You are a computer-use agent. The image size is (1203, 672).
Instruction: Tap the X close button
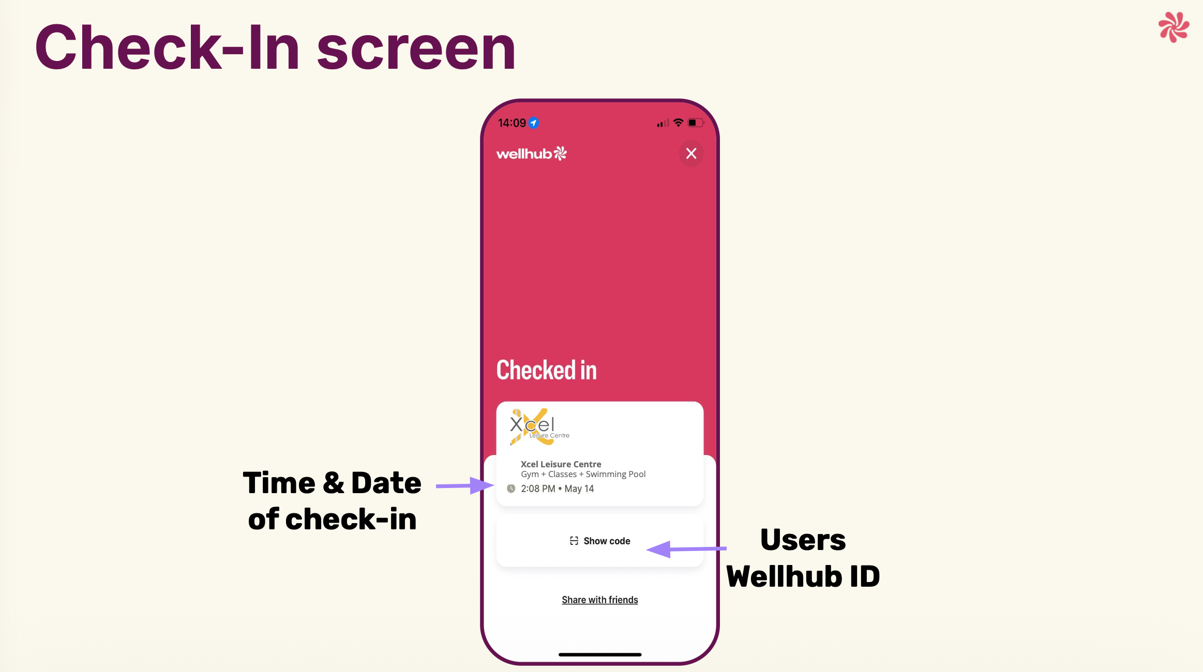(x=691, y=154)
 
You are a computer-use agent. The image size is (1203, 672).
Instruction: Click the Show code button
(x=600, y=541)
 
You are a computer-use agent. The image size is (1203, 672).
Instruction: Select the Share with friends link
(x=600, y=600)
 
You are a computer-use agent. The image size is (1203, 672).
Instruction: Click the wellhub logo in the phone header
(x=531, y=154)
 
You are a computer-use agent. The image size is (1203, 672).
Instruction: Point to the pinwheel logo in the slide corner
(x=1174, y=27)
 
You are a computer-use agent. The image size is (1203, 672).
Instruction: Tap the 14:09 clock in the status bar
(x=512, y=123)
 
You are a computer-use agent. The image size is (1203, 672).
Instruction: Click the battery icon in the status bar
(x=696, y=123)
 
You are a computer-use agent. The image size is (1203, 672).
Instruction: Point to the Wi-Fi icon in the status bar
(x=678, y=123)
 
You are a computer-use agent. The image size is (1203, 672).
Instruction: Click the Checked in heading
(x=546, y=370)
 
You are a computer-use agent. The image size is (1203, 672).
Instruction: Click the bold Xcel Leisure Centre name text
(x=561, y=464)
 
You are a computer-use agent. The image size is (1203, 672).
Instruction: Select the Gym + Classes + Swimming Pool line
(x=583, y=474)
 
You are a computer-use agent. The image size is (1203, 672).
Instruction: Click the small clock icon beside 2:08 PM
(x=511, y=488)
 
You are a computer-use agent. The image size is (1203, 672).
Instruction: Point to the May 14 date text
(x=579, y=488)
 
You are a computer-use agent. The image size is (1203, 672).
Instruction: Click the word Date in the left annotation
(x=386, y=483)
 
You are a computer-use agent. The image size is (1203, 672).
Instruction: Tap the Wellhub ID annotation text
(x=803, y=576)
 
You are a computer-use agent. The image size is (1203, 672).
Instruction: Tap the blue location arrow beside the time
(x=534, y=123)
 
